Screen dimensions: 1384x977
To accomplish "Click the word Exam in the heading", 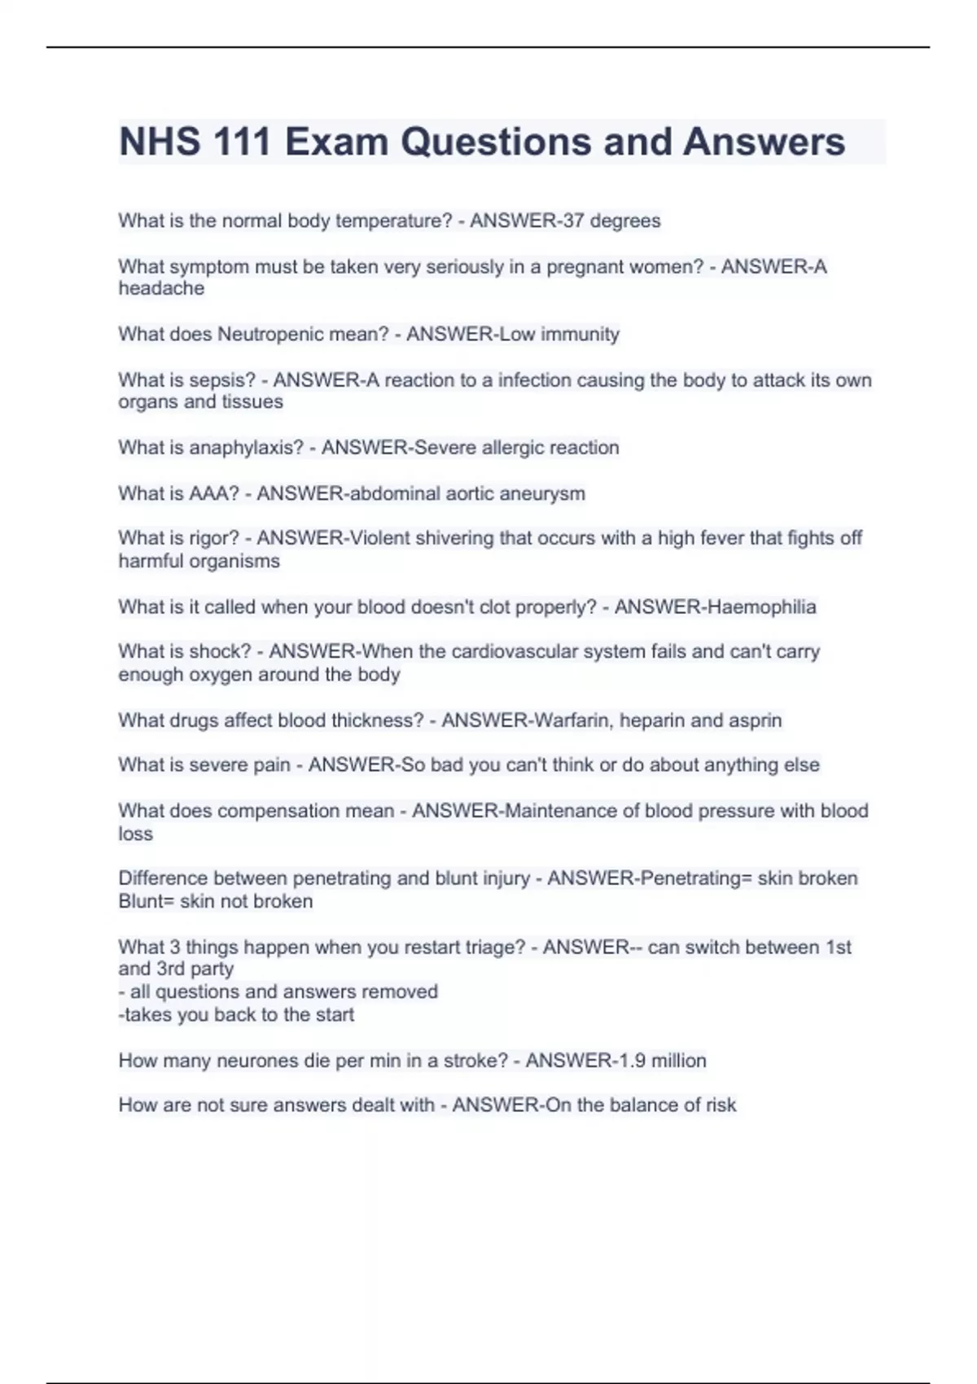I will click(x=336, y=142).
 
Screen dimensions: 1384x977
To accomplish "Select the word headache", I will click(x=161, y=288).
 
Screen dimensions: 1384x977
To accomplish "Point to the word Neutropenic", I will click(x=265, y=335).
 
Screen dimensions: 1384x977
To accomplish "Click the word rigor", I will click(x=214, y=538).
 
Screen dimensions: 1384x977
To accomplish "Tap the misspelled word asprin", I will click(x=756, y=720).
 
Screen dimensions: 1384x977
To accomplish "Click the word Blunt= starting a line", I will click(x=146, y=901).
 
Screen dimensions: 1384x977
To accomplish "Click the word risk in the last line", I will click(x=720, y=1105).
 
